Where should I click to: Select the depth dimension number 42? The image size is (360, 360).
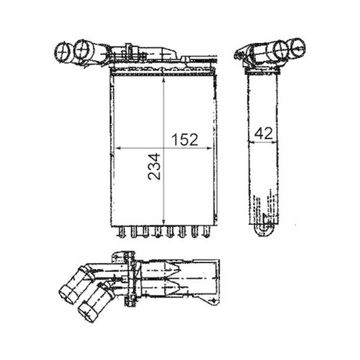tap(263, 132)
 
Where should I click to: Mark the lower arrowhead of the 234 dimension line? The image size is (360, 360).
tap(166, 221)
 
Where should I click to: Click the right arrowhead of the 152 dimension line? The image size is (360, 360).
tap(212, 148)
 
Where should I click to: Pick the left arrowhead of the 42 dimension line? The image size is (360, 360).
tap(249, 140)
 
